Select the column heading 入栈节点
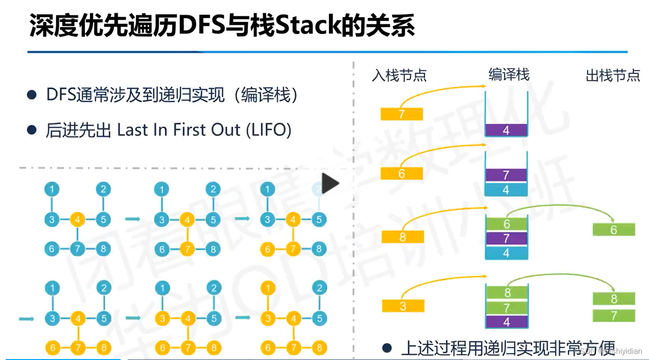[399, 75]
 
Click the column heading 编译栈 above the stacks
[509, 74]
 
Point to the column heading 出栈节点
[613, 75]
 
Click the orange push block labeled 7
[402, 114]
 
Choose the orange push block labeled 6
[402, 174]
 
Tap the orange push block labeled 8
[403, 236]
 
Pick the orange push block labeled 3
[403, 306]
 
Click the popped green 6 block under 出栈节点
[613, 230]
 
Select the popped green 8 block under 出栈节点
[613, 298]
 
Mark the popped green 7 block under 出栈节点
[613, 316]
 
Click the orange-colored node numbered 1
[268, 289]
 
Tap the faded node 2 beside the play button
[319, 189]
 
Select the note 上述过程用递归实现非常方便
[508, 348]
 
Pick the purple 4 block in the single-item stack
[506, 130]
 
